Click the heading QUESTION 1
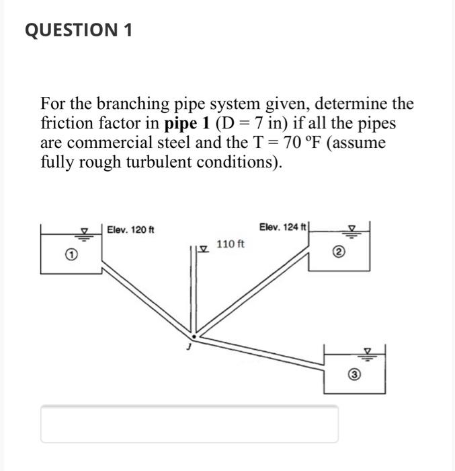tap(79, 30)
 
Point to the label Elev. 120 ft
tap(130, 230)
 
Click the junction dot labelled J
tap(194, 335)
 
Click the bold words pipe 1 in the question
tap(185, 124)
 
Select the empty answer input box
tap(189, 424)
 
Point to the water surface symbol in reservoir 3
tap(368, 351)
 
